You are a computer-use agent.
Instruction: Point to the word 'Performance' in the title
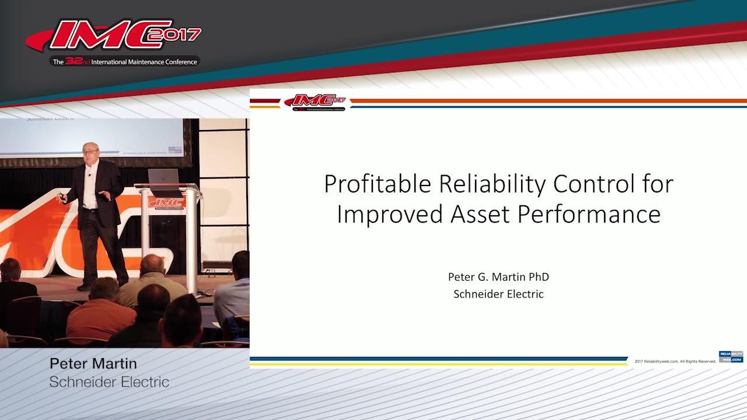585,215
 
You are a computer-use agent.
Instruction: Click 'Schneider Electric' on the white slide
498,294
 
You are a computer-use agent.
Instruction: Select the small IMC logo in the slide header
315,102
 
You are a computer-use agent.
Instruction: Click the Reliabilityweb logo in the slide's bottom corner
731,356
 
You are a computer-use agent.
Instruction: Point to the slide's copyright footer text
675,362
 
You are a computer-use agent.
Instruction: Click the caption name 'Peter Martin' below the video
93,364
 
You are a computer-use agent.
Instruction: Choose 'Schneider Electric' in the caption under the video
109,383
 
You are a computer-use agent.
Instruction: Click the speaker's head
90,153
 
